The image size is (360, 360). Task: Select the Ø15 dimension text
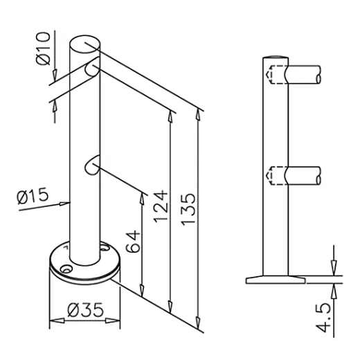tap(33, 198)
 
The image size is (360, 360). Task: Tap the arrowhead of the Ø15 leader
tap(69, 203)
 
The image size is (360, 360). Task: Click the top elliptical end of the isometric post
tap(84, 43)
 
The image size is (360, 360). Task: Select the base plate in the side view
tap(275, 278)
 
